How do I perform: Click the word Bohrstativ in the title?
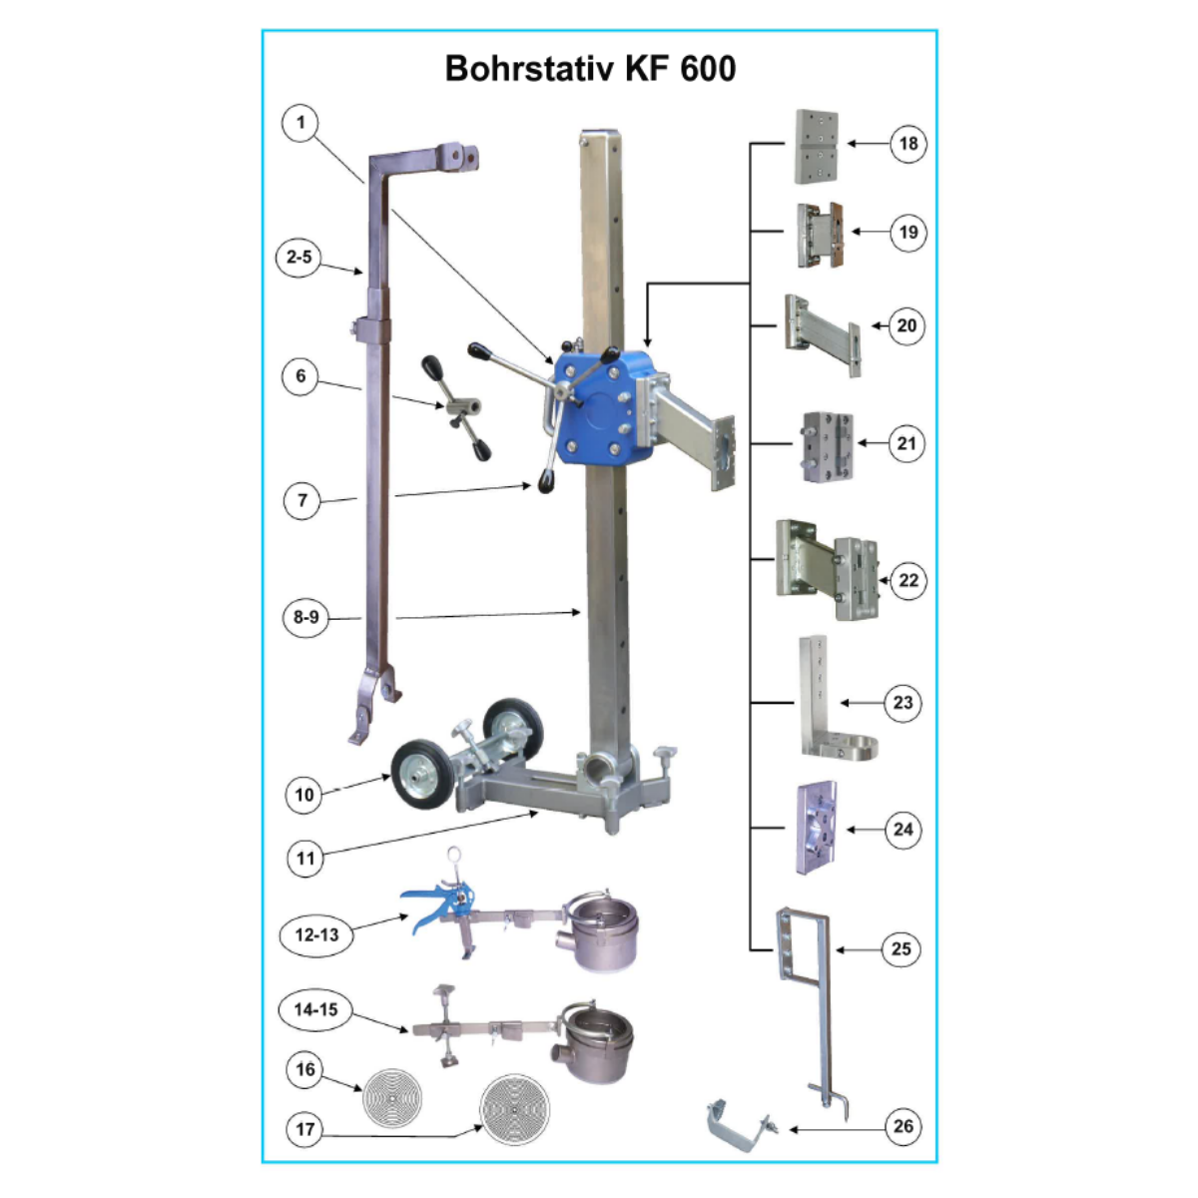click(530, 69)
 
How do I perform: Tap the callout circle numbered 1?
click(300, 123)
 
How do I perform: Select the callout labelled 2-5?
click(299, 257)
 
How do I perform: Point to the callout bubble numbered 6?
click(300, 376)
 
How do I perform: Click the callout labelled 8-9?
click(305, 617)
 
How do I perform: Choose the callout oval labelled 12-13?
click(317, 934)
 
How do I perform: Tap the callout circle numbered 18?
click(908, 144)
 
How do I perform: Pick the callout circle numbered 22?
click(908, 581)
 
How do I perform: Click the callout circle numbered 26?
click(903, 1126)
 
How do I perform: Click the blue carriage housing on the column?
click(603, 407)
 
